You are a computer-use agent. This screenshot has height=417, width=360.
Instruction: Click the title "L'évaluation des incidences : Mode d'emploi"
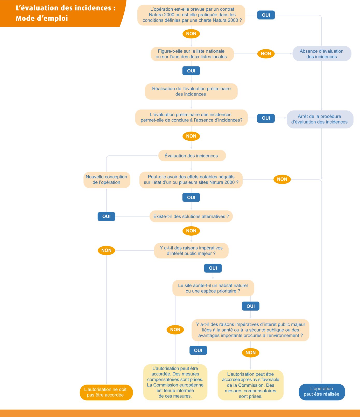65,13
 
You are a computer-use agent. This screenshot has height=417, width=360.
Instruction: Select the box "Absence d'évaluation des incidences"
322,54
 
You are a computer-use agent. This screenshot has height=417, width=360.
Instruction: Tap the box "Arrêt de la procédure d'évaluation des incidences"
320,119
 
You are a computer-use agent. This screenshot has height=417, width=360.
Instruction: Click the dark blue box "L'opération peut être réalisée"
322,392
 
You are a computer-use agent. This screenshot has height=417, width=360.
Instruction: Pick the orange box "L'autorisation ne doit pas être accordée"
106,392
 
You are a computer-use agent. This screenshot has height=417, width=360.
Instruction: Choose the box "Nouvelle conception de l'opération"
107,180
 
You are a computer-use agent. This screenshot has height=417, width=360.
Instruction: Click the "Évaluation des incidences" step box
192,156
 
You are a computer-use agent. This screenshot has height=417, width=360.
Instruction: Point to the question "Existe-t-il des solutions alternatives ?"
191,216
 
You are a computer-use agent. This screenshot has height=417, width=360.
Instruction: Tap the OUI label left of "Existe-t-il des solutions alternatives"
106,216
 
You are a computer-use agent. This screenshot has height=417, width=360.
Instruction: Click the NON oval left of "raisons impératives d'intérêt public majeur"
106,250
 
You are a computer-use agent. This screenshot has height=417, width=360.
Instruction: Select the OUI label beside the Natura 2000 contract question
266,15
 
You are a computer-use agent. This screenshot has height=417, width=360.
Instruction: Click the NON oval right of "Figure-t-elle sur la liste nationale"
266,54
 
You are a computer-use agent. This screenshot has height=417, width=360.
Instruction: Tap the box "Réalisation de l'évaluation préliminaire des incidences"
191,91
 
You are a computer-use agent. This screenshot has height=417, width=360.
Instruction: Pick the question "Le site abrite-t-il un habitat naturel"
213,288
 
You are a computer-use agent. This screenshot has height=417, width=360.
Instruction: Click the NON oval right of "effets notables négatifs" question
282,179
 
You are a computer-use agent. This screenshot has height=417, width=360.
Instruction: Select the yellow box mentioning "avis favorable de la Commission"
251,385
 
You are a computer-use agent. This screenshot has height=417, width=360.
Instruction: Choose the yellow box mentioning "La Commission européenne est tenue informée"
175,382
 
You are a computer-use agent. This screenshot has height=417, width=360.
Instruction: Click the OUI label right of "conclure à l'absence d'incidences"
266,118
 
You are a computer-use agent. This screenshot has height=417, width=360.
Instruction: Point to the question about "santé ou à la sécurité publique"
250,330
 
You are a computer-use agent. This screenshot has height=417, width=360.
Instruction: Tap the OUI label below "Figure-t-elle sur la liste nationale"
191,71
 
